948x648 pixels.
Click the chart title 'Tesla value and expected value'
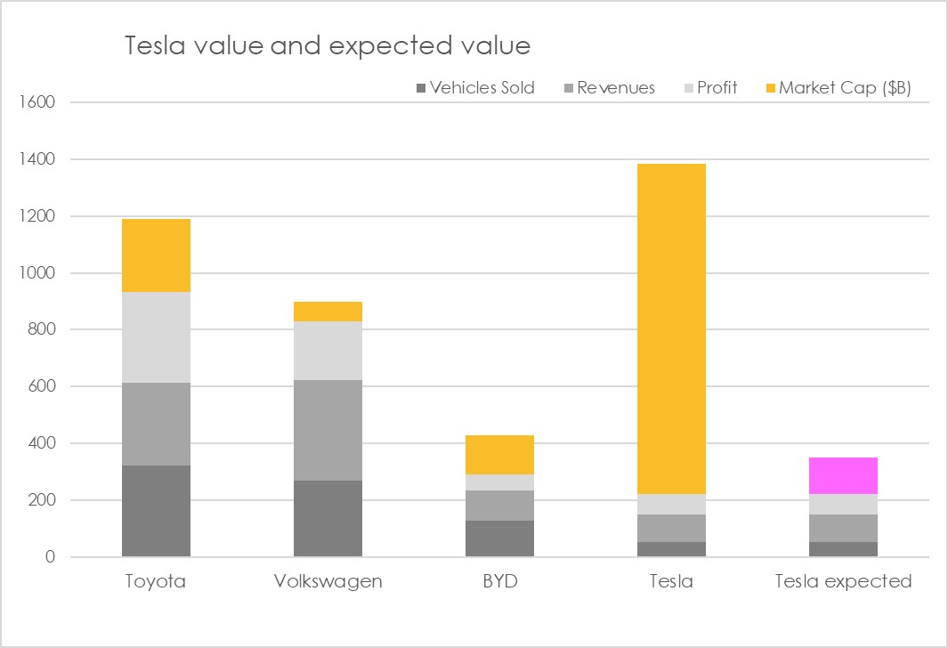328,45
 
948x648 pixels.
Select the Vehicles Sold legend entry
481,87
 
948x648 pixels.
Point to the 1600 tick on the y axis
36,102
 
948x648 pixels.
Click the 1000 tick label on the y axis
36,273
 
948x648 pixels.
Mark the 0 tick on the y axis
49,558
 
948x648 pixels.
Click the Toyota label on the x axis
156,581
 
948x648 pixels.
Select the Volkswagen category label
328,581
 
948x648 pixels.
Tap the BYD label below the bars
499,581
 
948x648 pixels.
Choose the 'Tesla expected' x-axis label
843,581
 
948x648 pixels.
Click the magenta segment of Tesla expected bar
843,475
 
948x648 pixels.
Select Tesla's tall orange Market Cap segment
671,328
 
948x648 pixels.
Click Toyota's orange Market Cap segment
156,255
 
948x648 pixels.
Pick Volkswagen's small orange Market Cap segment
328,311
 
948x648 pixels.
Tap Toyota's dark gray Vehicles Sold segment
156,511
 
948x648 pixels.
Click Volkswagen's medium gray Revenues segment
328,430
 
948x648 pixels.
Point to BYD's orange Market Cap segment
499,454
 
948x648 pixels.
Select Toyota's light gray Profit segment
156,337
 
